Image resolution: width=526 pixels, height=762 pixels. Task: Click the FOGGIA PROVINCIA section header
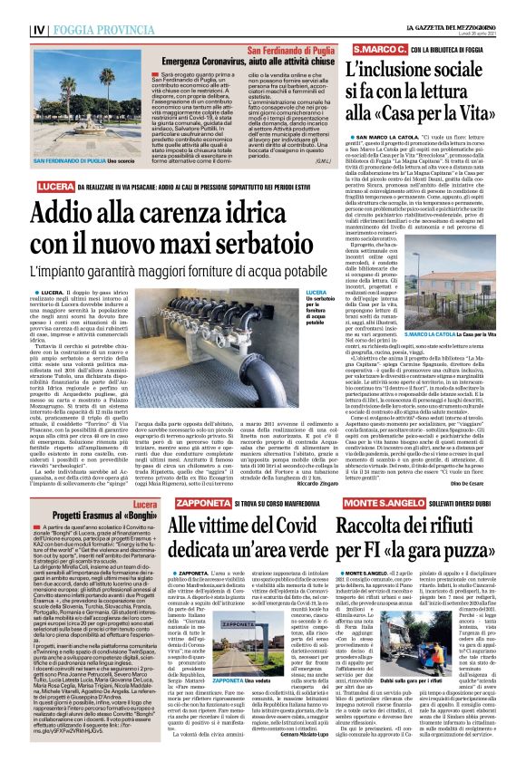coord(67,9)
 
